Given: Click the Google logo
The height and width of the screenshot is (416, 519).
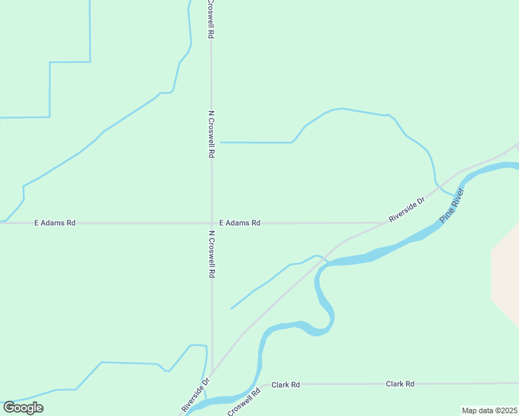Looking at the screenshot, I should point(23,408).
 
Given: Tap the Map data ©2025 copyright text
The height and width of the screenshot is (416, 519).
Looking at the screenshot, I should point(489,410).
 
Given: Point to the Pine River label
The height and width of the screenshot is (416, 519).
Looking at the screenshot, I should point(451,205).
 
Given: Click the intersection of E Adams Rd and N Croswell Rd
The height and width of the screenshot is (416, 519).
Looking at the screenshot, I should point(212,223).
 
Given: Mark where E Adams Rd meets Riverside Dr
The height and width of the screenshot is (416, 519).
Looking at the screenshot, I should point(386,223).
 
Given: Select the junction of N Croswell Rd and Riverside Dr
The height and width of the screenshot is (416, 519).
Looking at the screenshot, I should point(212,372).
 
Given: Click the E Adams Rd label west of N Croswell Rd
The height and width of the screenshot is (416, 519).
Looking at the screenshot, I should point(55,223).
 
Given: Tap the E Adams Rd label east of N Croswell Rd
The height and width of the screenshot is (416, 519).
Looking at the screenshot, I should point(239,223).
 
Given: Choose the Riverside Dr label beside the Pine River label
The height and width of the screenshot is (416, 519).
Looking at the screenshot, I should point(407,209).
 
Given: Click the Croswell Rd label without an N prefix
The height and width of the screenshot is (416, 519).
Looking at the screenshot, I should point(244,402).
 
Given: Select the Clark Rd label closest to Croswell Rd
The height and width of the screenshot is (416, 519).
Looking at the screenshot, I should point(285,384).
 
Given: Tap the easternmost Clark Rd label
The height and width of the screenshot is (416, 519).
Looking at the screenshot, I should point(400,383).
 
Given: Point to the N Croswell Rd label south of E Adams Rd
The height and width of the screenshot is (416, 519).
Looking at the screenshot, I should point(212,254).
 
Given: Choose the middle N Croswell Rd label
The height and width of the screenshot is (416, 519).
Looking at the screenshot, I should point(211,135).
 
